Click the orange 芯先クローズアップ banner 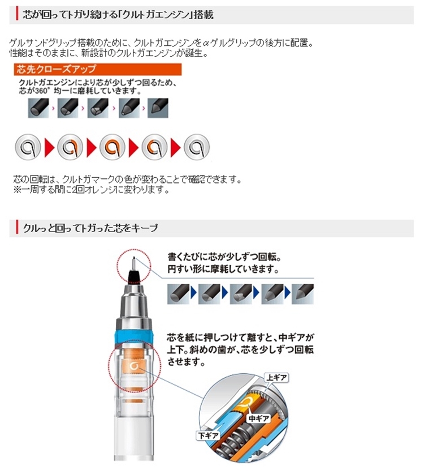pyautogui.click(x=98, y=69)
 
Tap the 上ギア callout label pyautogui.click(x=276, y=378)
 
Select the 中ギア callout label pyautogui.click(x=258, y=419)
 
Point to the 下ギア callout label pyautogui.click(x=208, y=435)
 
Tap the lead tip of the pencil pyautogui.click(x=133, y=258)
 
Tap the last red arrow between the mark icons pyautogui.click(x=176, y=147)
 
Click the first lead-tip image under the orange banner pyautogui.click(x=38, y=108)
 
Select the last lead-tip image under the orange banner pyautogui.click(x=158, y=108)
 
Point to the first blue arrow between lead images pyautogui.click(x=194, y=293)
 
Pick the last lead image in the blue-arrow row pyautogui.click(x=302, y=294)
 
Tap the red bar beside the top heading pyautogui.click(x=17, y=15)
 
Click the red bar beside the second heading pyautogui.click(x=17, y=228)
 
